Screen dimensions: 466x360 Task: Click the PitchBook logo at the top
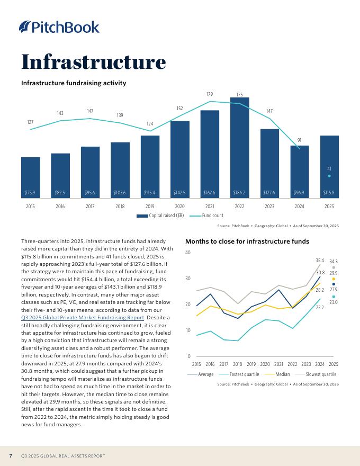point(59,27)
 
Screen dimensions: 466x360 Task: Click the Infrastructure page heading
point(93,61)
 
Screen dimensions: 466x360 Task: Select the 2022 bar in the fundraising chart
point(239,143)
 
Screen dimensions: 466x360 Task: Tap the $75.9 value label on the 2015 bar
point(30,192)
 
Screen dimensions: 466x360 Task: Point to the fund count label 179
point(210,94)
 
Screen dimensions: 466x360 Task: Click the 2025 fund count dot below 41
point(329,176)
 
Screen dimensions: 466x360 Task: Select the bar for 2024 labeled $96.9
point(299,169)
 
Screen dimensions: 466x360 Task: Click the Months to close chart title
point(247,241)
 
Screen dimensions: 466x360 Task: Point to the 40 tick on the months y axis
point(188,253)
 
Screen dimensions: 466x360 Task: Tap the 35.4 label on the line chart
point(320,261)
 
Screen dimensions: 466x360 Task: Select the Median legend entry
point(281,374)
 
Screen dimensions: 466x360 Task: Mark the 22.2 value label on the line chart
point(320,307)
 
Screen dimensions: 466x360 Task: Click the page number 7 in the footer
point(11,456)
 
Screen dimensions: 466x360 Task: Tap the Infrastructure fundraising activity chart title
point(73,83)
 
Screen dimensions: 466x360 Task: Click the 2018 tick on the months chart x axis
point(237,364)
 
